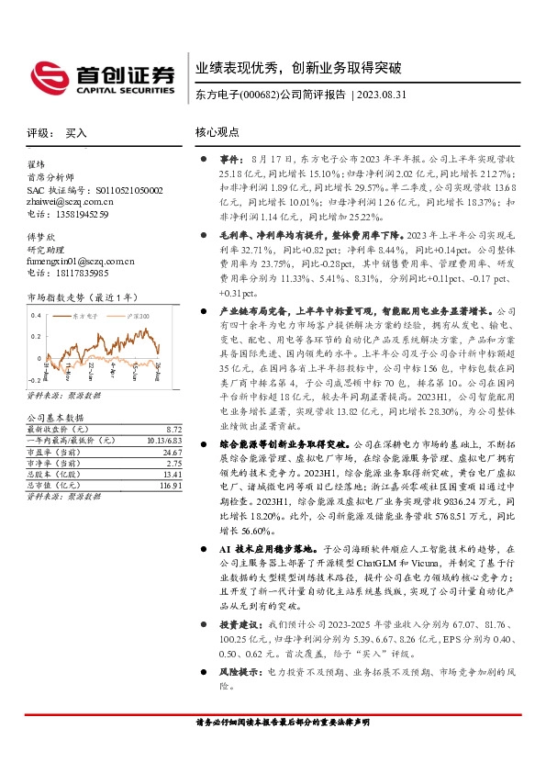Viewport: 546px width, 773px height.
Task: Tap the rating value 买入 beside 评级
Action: pos(76,133)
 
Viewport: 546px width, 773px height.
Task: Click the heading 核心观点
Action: pos(217,132)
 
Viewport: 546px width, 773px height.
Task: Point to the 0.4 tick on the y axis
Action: pos(35,315)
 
